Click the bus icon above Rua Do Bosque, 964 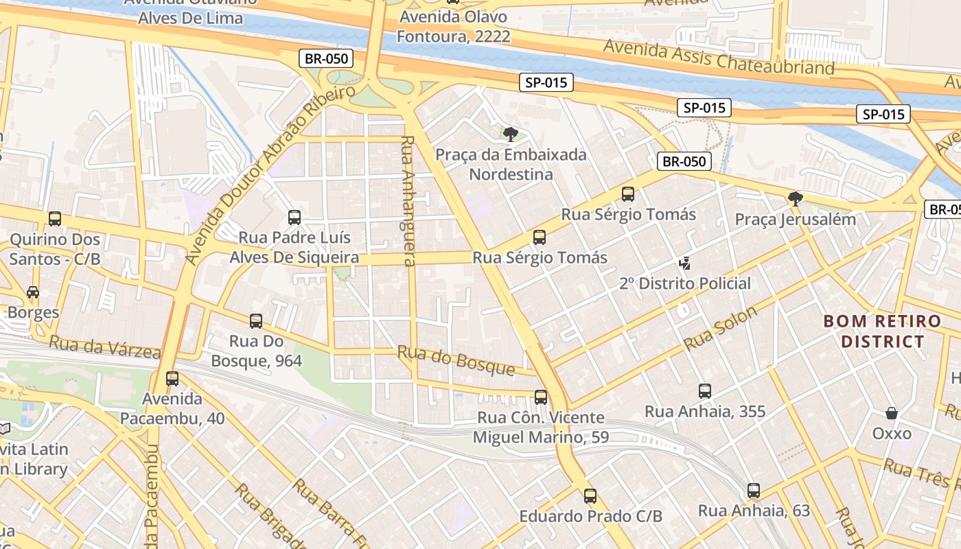tap(256, 320)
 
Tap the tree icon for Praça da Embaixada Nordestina tap(510, 134)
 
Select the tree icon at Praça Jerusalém tap(796, 199)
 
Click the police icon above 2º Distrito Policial tap(684, 263)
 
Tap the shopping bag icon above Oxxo tap(892, 413)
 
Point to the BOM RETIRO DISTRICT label tap(882, 331)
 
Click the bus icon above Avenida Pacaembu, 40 tap(172, 378)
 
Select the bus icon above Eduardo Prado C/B tap(590, 495)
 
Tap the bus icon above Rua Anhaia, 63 tap(754, 491)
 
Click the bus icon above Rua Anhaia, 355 tap(705, 391)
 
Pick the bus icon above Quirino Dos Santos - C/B tap(55, 219)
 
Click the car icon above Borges tap(33, 292)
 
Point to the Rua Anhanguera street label tap(408, 200)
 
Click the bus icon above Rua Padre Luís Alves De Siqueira tap(294, 218)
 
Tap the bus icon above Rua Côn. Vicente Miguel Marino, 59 tap(541, 397)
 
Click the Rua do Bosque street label tap(456, 360)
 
